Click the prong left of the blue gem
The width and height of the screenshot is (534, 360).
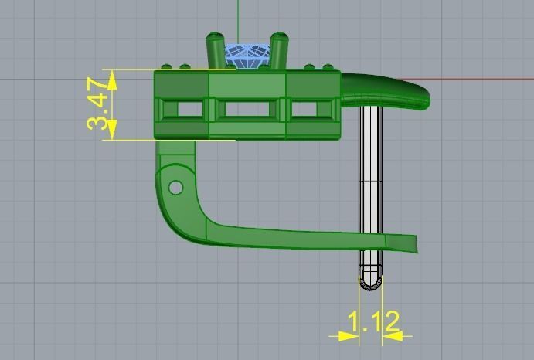(214, 50)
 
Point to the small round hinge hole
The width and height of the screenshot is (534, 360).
(176, 187)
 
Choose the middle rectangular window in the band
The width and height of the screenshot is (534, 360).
(247, 110)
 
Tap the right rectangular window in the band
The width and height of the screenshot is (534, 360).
(311, 110)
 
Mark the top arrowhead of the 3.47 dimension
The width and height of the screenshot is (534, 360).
(113, 76)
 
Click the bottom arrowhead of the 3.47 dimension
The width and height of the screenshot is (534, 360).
(113, 133)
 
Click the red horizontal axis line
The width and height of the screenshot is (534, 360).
(479, 79)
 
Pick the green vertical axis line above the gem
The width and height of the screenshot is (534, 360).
(239, 19)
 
